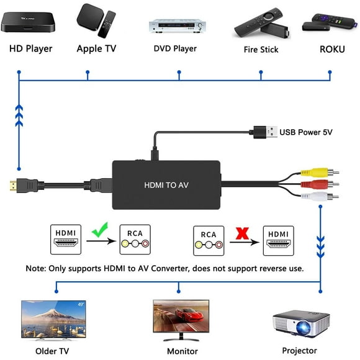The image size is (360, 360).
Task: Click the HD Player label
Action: tap(30, 48)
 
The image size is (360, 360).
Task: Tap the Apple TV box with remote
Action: tap(96, 21)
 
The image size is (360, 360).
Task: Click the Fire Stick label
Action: tap(260, 49)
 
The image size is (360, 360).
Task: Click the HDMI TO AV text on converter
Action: tap(166, 184)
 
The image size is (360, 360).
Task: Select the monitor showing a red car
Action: tap(180, 318)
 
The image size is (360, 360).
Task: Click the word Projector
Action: tap(300, 351)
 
